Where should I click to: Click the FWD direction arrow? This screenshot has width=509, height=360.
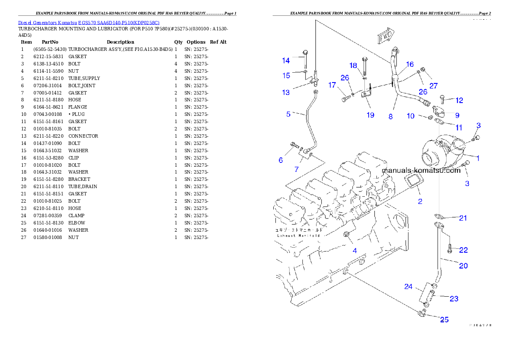coord(386,37)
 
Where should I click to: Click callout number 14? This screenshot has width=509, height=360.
coord(286,61)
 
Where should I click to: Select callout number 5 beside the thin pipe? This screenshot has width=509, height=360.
coord(288,114)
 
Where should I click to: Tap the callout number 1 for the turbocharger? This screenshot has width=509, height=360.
coord(478,158)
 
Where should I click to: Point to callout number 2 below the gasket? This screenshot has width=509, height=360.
coord(420,201)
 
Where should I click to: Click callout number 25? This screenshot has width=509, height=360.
coord(444,319)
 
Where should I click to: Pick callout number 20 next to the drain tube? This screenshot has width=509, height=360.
coord(463,266)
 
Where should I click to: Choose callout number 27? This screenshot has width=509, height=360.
coord(433,86)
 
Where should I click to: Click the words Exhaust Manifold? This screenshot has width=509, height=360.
coord(298,235)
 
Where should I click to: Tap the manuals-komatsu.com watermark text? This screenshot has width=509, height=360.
coord(421,170)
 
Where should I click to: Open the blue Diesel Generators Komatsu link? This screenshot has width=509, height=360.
coord(89,23)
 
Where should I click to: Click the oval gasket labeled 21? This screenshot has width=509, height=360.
coord(440,217)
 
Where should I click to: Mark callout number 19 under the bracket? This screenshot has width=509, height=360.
coord(370,115)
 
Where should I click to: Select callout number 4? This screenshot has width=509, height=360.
coord(355,251)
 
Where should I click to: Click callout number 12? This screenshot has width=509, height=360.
coord(459,100)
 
